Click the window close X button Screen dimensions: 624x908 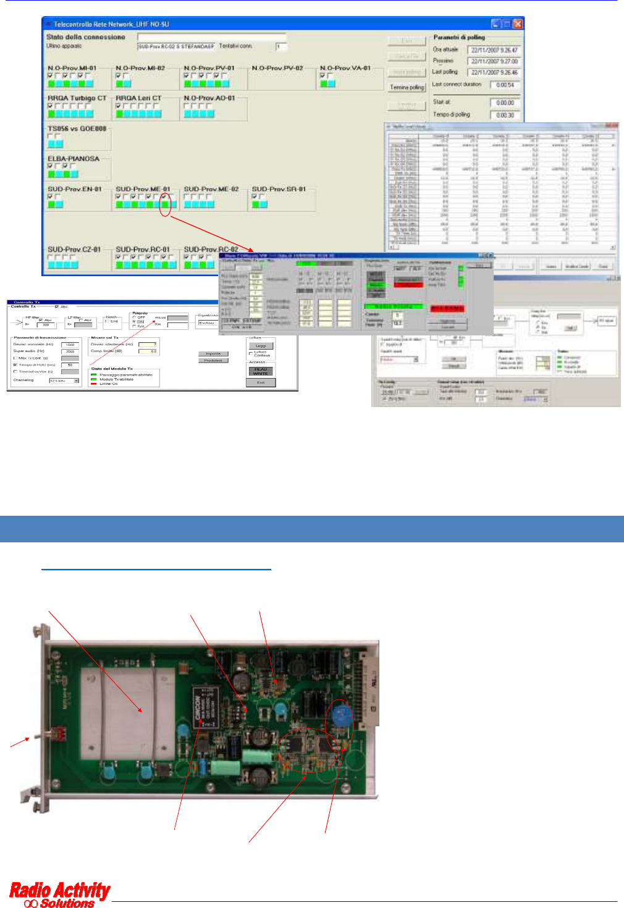click(x=517, y=24)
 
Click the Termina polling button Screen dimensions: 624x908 click(x=407, y=87)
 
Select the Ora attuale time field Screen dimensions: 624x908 click(x=494, y=50)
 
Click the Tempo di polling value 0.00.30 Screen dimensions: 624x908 click(x=505, y=115)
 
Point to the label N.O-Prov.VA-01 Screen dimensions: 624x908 click(x=345, y=68)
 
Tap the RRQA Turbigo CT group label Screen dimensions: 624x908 click(x=77, y=98)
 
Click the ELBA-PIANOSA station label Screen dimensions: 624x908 click(x=74, y=159)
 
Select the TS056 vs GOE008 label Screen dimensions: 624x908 click(x=77, y=129)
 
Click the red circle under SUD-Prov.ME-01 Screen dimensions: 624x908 click(x=164, y=203)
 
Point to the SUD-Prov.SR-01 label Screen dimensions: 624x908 click(x=279, y=189)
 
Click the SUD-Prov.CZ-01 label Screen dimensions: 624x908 click(x=74, y=250)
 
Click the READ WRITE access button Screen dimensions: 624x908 click(x=261, y=371)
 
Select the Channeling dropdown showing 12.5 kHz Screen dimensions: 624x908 click(x=64, y=380)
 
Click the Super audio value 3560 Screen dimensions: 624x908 click(x=70, y=351)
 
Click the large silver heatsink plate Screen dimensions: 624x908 click(x=124, y=710)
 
